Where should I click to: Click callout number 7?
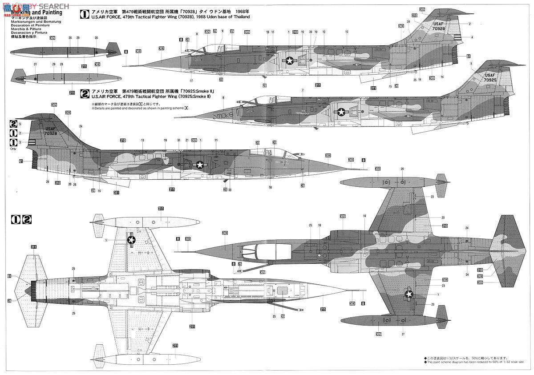[x=302, y=91]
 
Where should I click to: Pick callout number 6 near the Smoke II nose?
[x=223, y=97]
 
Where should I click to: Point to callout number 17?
[x=191, y=81]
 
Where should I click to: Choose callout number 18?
[x=270, y=187]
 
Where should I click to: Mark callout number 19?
[x=165, y=140]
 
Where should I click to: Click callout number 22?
[x=225, y=190]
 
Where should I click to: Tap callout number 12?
[x=324, y=32]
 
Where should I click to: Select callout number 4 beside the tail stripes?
[x=472, y=37]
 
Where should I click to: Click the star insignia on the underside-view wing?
[x=131, y=240]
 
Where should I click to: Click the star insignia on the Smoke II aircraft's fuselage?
[x=341, y=112]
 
